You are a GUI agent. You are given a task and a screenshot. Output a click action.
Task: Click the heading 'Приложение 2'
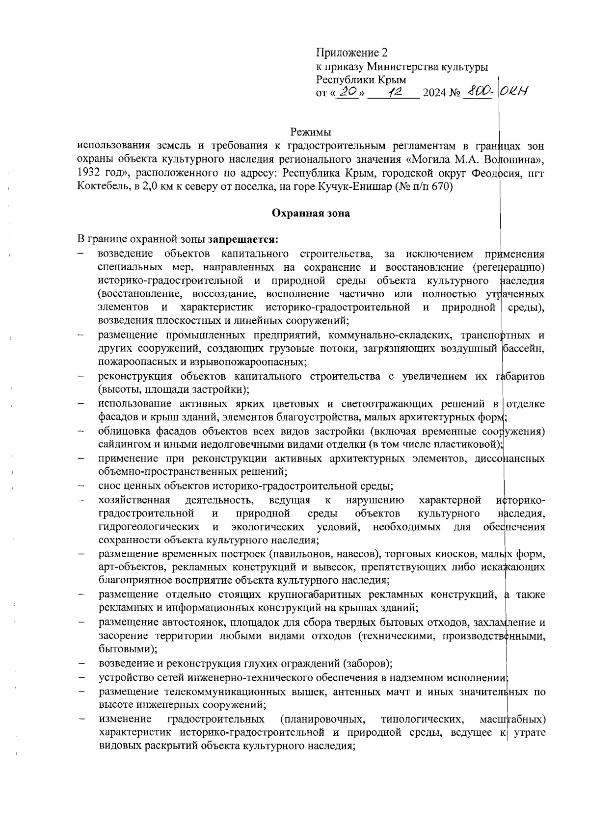352,52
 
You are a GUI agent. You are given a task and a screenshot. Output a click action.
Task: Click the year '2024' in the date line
433,93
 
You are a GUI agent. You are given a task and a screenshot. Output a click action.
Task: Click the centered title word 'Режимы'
310,132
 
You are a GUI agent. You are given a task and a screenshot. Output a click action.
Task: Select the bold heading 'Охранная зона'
311,213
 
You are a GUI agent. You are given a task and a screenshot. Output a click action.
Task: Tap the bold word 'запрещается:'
243,240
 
